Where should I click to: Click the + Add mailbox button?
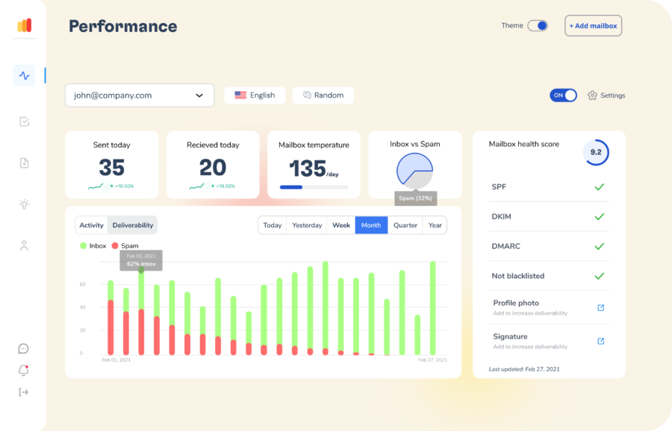click(593, 25)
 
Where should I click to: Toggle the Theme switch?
click(538, 25)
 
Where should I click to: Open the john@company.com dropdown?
click(140, 95)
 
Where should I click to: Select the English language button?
click(255, 95)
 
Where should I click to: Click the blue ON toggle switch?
click(563, 95)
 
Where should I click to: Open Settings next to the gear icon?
click(612, 95)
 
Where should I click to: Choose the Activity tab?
click(91, 225)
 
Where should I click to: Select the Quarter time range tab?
click(405, 225)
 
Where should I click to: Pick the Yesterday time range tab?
click(307, 225)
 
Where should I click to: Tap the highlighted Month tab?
click(371, 225)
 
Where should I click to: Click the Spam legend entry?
click(125, 245)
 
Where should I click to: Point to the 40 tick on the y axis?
click(82, 307)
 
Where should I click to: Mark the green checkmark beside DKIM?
click(599, 216)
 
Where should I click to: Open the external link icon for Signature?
click(601, 341)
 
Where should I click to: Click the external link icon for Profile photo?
click(601, 307)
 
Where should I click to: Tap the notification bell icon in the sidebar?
click(24, 370)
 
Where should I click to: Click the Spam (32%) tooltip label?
click(415, 198)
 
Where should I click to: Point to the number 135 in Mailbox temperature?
click(308, 169)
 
